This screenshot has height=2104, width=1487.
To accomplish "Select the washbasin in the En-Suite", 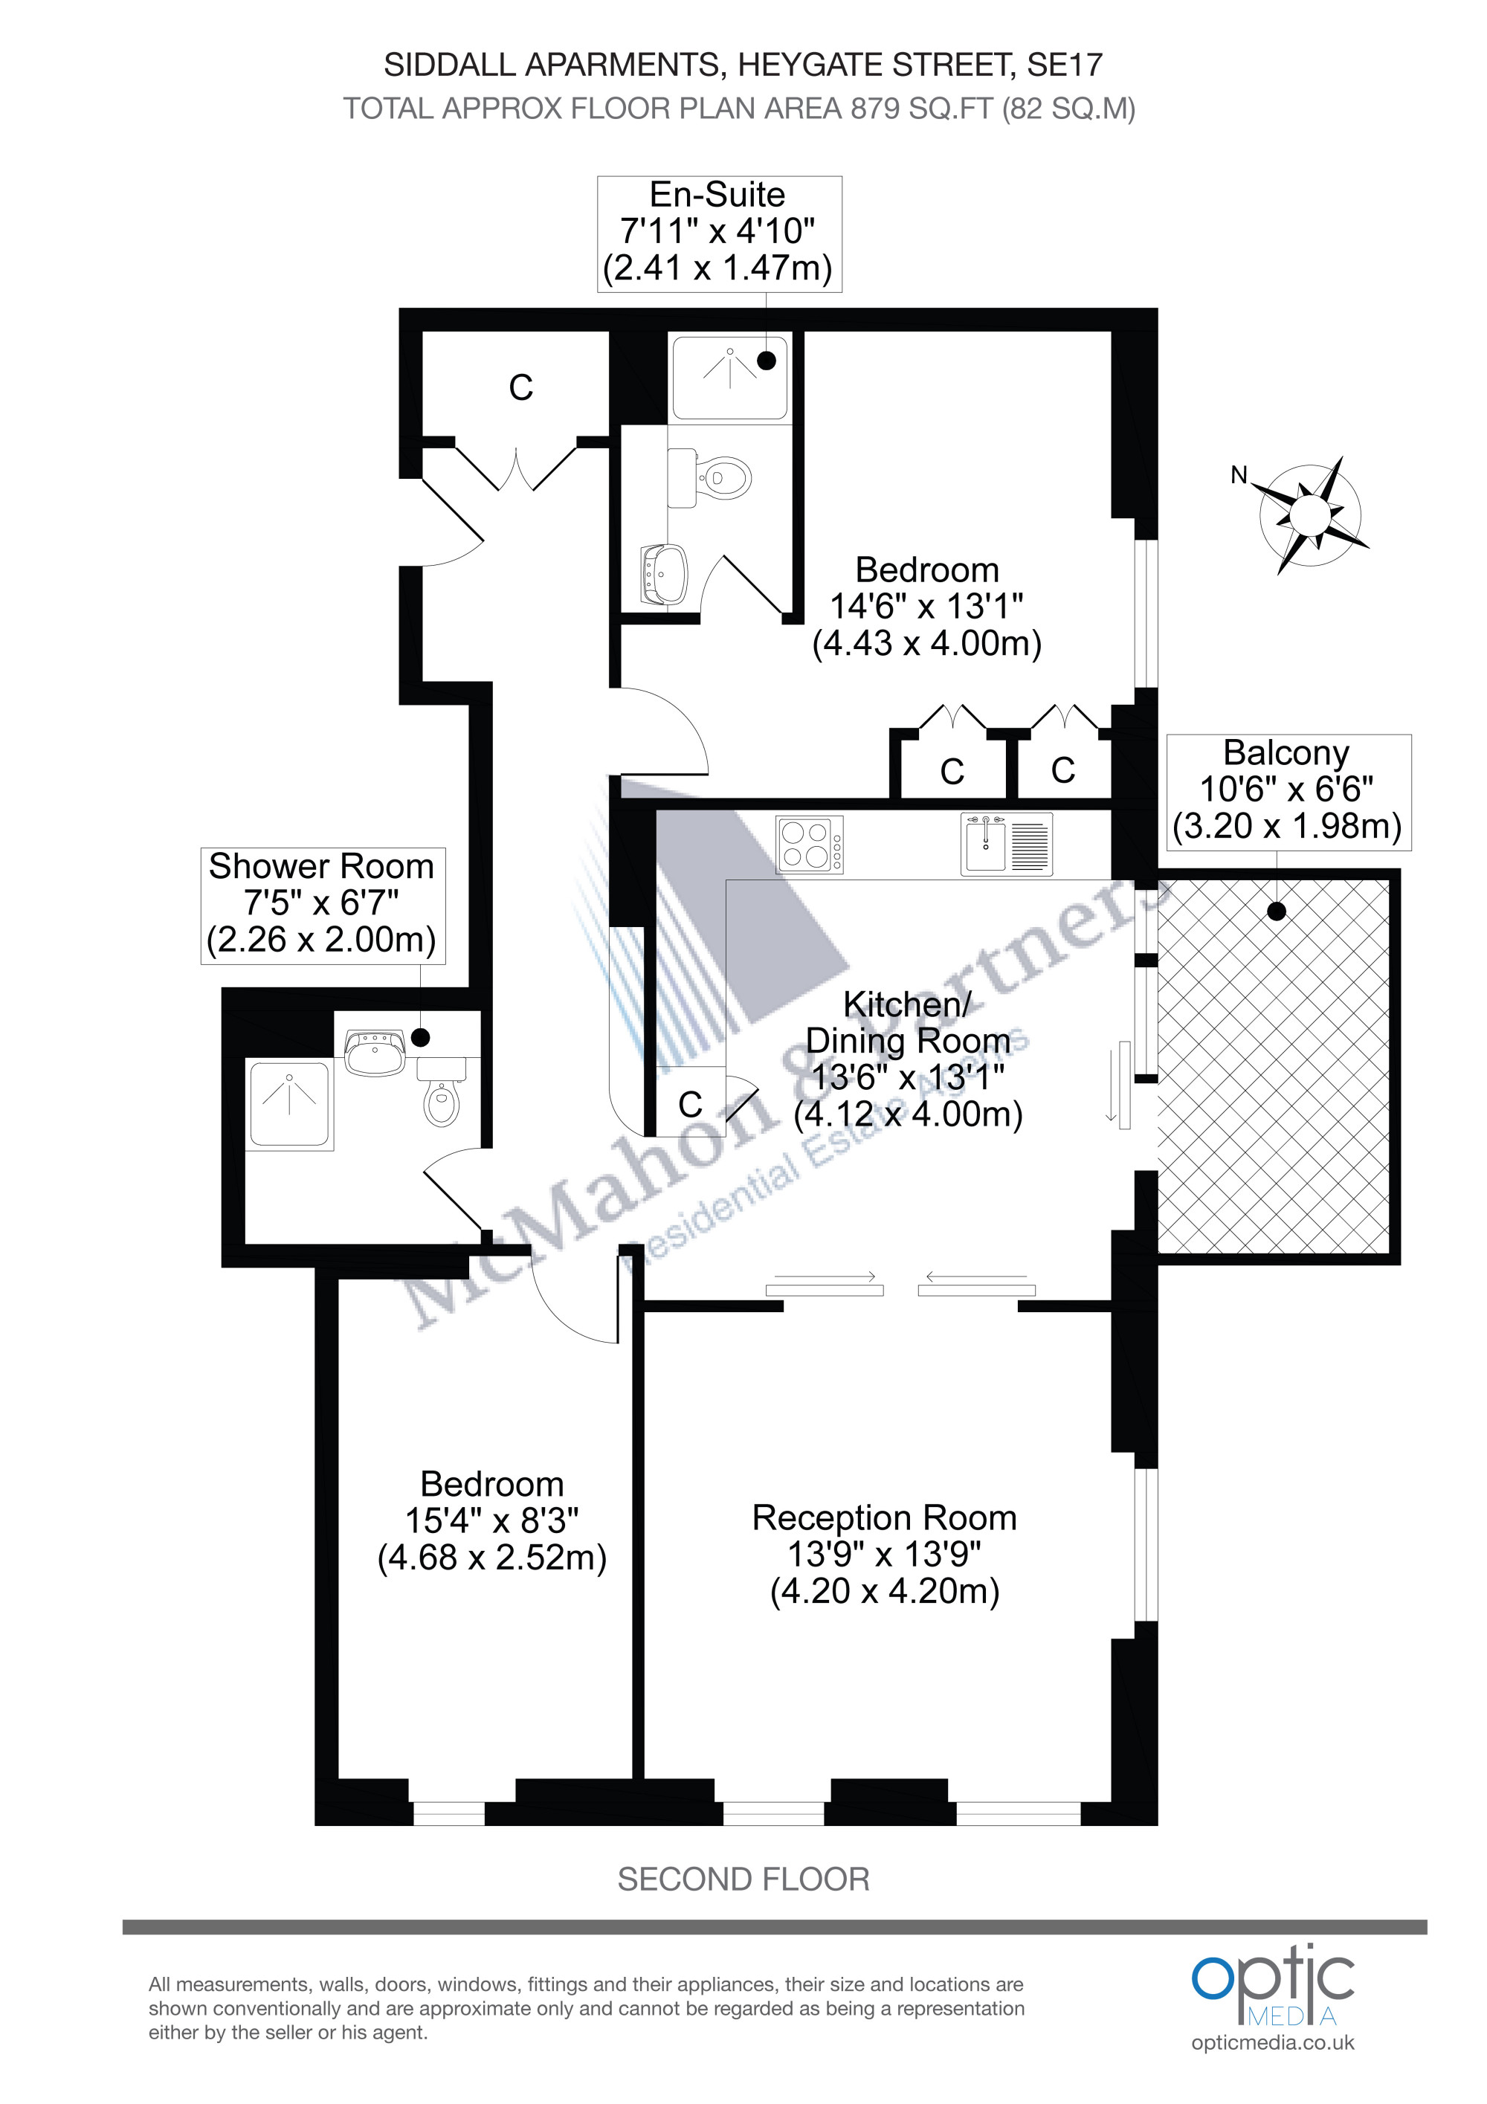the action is point(664,575).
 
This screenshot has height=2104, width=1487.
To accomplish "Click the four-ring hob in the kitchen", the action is point(809,844).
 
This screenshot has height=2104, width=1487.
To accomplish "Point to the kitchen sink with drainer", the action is point(1006,844).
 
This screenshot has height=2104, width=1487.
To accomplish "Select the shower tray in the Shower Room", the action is point(289,1105).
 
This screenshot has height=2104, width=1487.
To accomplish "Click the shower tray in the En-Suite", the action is point(729,378).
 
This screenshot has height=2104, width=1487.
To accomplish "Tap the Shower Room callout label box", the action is point(323,906).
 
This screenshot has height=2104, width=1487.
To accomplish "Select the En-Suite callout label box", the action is point(719,233).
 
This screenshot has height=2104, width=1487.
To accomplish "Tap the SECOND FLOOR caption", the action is point(743,1880).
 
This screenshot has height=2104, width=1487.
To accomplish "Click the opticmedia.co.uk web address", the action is point(1273,2042).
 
